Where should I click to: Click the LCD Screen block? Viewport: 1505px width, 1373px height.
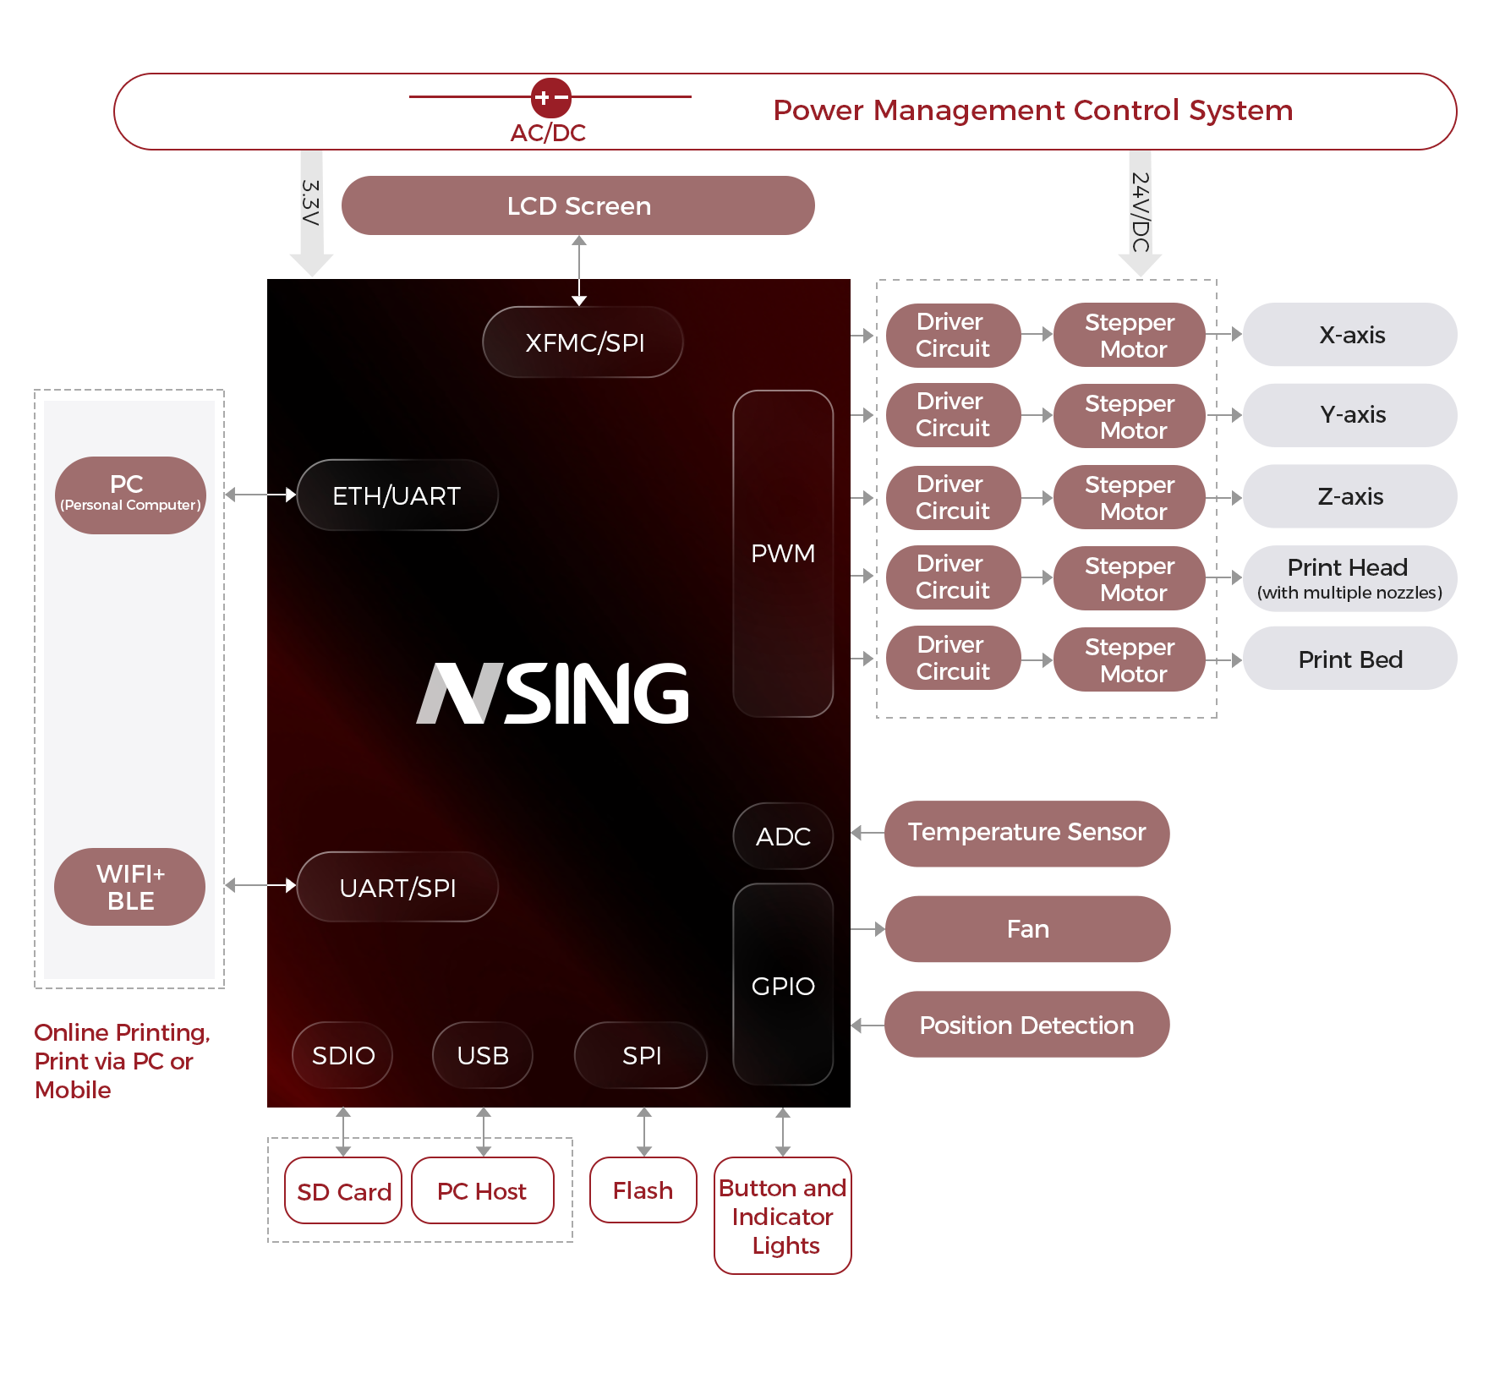578,206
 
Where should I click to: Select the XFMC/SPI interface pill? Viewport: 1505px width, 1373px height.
583,342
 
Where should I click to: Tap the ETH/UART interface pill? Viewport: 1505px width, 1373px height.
397,495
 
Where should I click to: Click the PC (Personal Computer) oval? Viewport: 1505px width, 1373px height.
130,495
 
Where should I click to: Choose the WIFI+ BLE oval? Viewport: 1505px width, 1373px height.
130,887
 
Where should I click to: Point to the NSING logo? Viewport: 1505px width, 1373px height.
553,693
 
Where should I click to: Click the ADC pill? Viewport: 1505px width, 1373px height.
783,836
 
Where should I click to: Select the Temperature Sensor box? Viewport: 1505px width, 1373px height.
1026,834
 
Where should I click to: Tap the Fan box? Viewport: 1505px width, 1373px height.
1027,929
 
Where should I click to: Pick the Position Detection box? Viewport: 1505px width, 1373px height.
1026,1025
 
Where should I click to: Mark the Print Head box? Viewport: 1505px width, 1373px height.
1349,578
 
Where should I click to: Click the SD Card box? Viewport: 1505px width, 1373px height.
343,1191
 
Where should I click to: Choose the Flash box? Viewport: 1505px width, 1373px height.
643,1190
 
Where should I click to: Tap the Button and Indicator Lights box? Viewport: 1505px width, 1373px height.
783,1216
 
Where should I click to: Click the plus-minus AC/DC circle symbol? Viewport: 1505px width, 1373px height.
551,98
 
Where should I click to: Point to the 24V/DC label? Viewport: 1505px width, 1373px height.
1140,213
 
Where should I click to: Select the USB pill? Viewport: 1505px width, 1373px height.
483,1055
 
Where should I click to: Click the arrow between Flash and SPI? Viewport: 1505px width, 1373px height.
644,1133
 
